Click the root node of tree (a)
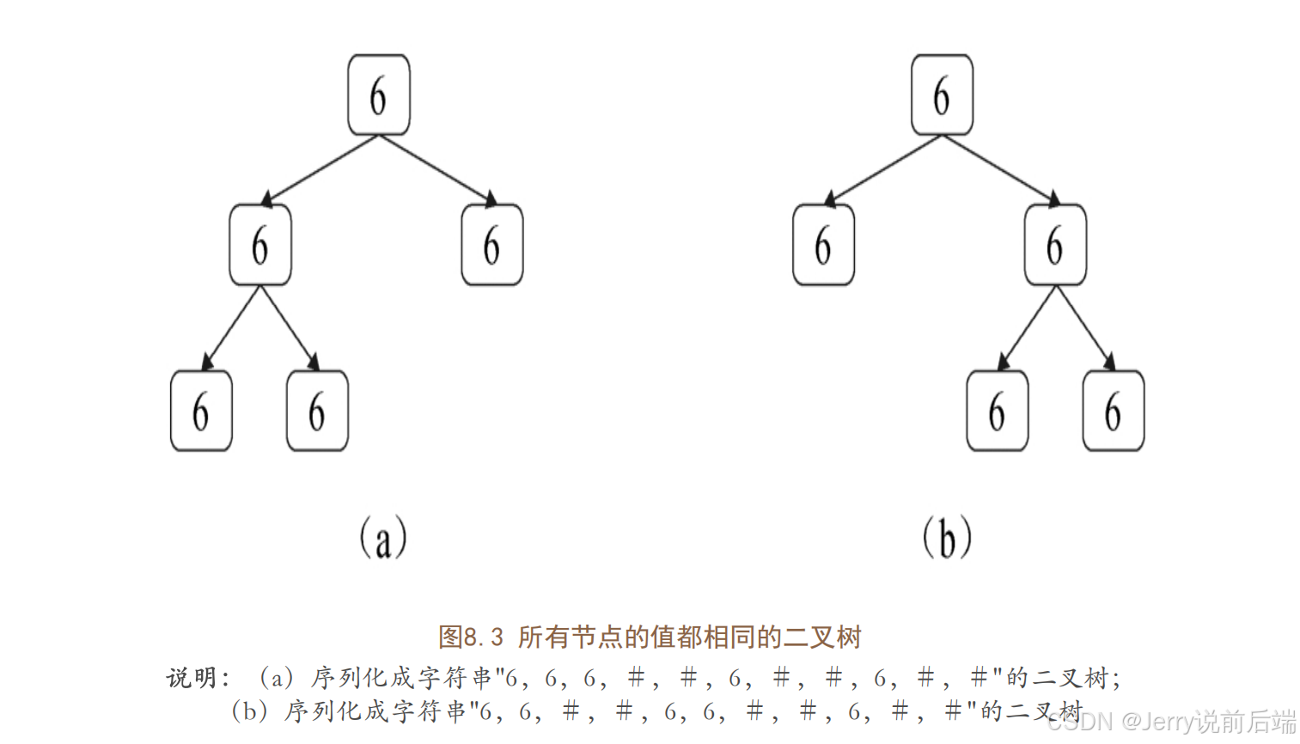tap(378, 95)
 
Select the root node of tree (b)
tap(942, 95)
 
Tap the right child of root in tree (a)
tap(491, 245)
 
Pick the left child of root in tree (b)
tap(823, 245)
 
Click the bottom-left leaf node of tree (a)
tap(201, 411)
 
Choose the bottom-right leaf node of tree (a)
tap(317, 411)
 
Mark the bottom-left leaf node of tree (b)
tap(997, 411)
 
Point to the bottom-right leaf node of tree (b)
tap(1113, 411)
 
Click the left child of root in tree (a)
tap(259, 245)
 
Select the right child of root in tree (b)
tap(1055, 245)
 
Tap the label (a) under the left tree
tap(382, 538)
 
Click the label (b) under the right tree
tap(947, 538)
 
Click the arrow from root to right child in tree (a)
tap(436, 169)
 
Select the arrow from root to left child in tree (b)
tap(883, 169)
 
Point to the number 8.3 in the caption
tap(484, 637)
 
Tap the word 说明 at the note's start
tap(192, 678)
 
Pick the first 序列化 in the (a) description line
tap(350, 678)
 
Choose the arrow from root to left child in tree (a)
tap(320, 169)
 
